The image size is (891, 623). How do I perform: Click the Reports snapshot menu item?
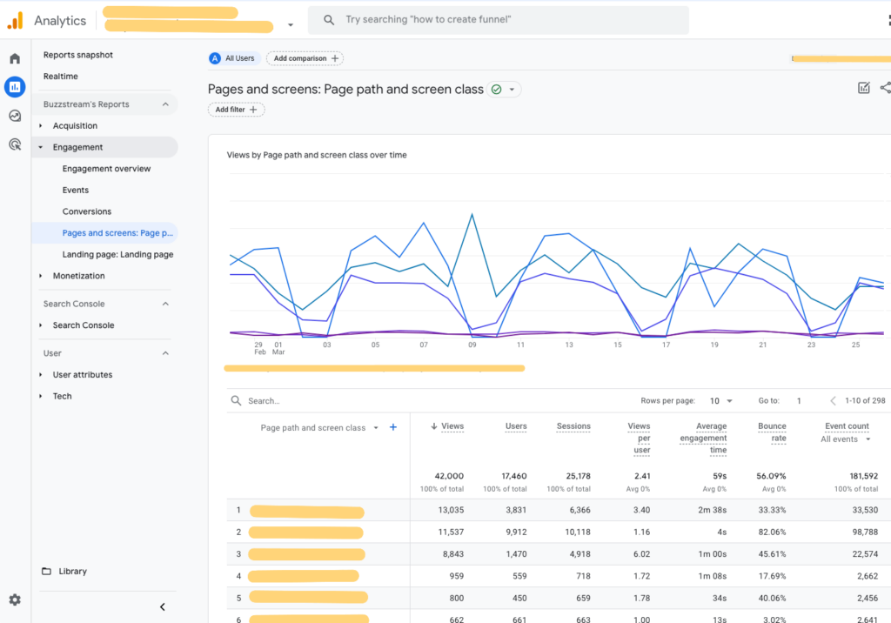click(77, 55)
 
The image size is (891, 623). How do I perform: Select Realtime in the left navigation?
click(60, 77)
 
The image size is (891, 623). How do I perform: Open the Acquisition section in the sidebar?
click(75, 126)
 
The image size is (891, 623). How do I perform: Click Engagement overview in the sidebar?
click(106, 169)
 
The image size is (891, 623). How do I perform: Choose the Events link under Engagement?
click(76, 190)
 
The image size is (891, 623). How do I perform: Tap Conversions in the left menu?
click(87, 211)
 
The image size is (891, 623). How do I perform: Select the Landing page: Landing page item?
click(117, 254)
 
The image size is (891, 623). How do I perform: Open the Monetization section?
click(78, 276)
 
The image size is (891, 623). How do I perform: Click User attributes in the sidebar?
click(82, 375)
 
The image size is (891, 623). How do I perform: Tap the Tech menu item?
click(62, 396)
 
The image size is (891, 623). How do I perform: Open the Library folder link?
click(72, 572)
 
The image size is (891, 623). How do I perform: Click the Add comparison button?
click(305, 58)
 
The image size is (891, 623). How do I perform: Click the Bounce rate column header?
click(771, 432)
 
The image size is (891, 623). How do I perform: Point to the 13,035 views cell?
click(446, 511)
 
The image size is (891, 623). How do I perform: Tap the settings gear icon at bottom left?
click(15, 600)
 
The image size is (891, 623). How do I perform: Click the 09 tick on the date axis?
click(472, 345)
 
